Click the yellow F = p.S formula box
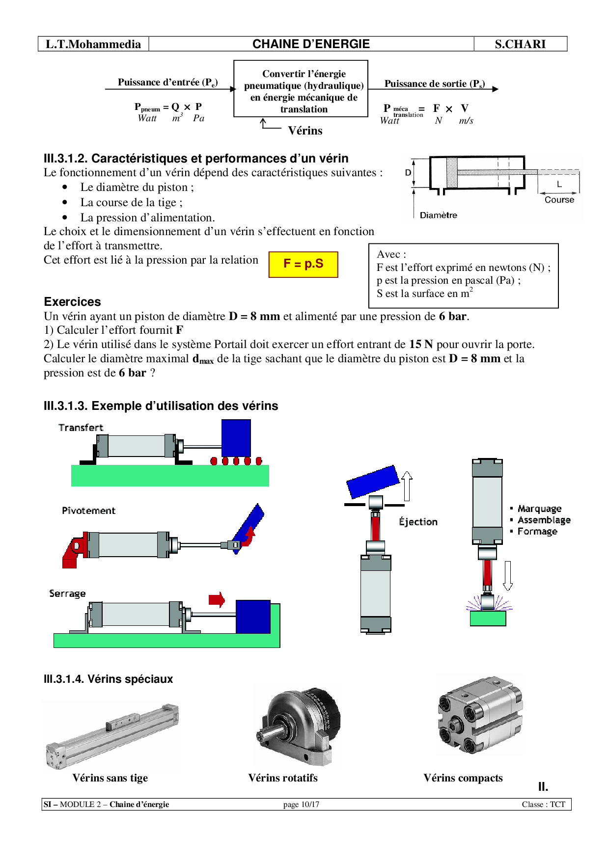(x=303, y=265)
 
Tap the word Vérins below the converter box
(x=305, y=131)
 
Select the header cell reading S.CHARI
(x=520, y=44)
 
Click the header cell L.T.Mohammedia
(x=93, y=44)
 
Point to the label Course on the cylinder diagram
(x=559, y=200)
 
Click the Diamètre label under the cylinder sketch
(x=438, y=215)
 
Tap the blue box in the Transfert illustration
(x=236, y=438)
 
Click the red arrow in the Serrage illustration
(x=217, y=599)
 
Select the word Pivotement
(x=88, y=511)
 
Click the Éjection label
(x=418, y=522)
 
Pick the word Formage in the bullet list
(x=537, y=532)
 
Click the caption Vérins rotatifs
(x=283, y=778)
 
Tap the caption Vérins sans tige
(x=110, y=778)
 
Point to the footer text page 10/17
(x=301, y=805)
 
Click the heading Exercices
(x=72, y=302)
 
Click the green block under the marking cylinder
(x=488, y=619)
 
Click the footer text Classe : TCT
(x=543, y=805)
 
